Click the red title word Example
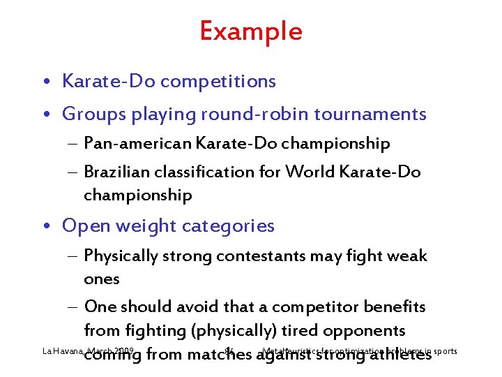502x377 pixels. (251, 31)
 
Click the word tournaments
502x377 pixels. (369, 114)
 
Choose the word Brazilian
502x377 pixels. (114, 172)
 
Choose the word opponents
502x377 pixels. (367, 331)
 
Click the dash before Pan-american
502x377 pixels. (75, 145)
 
